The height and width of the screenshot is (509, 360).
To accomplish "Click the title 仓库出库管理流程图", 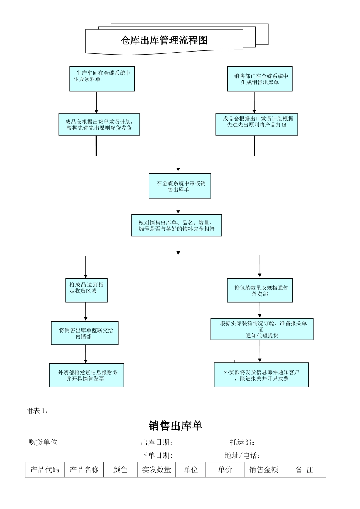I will point(164,40).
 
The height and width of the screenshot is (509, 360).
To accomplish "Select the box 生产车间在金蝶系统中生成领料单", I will point(102,78).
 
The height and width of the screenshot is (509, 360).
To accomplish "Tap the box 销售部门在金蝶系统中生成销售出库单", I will point(260,79).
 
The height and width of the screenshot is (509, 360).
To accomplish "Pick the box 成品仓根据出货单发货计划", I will point(99,124).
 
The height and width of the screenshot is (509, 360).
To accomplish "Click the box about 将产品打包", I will point(257,124).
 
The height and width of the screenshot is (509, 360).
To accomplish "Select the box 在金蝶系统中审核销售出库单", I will point(180,186).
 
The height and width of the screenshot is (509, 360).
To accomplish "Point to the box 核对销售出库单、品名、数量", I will point(177,226).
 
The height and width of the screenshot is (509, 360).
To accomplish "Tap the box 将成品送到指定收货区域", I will point(86,290).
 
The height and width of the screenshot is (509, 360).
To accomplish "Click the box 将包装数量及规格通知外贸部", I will point(260,290).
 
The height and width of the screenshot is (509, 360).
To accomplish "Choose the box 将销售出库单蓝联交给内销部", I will point(85,333).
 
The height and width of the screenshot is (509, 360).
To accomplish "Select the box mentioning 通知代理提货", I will point(262,329).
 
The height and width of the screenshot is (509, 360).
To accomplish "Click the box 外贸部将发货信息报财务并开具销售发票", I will point(86,375).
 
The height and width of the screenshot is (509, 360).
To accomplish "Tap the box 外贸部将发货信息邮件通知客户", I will point(261,375).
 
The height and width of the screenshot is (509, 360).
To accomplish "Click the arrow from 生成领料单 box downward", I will point(97,102).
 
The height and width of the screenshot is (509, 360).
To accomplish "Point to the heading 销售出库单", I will point(175,426).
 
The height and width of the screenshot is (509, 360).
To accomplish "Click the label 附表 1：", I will point(37,411).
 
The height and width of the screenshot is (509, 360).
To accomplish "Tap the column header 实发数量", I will point(157,470).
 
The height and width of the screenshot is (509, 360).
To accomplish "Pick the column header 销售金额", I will point(264,470).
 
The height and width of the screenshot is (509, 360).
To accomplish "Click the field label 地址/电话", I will point(242,456).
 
